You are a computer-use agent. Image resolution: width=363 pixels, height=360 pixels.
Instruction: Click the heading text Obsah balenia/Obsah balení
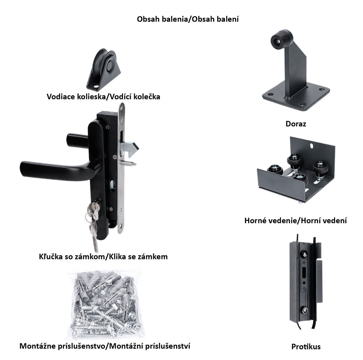click(x=188, y=19)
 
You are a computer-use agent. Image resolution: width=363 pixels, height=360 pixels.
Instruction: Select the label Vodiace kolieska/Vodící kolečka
click(x=103, y=97)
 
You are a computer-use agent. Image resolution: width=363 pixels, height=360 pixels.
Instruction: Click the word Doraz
click(x=295, y=124)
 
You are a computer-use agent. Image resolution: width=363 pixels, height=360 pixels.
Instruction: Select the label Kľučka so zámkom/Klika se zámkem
click(x=103, y=257)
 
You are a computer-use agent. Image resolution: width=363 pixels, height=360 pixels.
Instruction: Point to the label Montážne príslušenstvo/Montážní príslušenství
click(x=105, y=346)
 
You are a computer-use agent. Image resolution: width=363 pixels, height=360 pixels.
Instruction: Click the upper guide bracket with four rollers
click(x=296, y=170)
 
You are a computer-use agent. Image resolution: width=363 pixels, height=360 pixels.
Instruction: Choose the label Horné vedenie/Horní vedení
click(x=295, y=221)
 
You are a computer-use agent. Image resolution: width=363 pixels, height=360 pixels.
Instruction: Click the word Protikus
click(x=306, y=347)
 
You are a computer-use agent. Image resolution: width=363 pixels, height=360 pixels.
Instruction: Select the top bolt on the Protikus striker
click(x=305, y=254)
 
